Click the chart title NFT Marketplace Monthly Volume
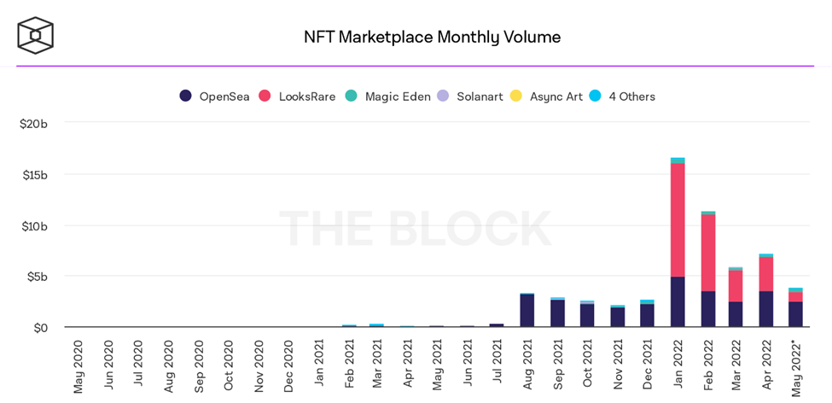click(432, 37)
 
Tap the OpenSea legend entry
click(215, 96)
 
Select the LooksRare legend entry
click(298, 96)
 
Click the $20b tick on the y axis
click(33, 124)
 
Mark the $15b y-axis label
click(35, 175)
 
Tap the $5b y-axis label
click(38, 277)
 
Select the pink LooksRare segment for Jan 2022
click(678, 219)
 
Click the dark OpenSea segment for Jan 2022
click(678, 301)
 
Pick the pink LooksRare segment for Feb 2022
click(708, 253)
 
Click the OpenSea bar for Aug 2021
click(527, 311)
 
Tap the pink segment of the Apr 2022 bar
click(766, 274)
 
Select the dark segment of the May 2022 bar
click(795, 314)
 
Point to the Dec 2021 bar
click(647, 315)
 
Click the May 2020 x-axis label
click(79, 366)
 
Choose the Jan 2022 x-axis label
click(678, 364)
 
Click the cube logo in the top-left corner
click(35, 35)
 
